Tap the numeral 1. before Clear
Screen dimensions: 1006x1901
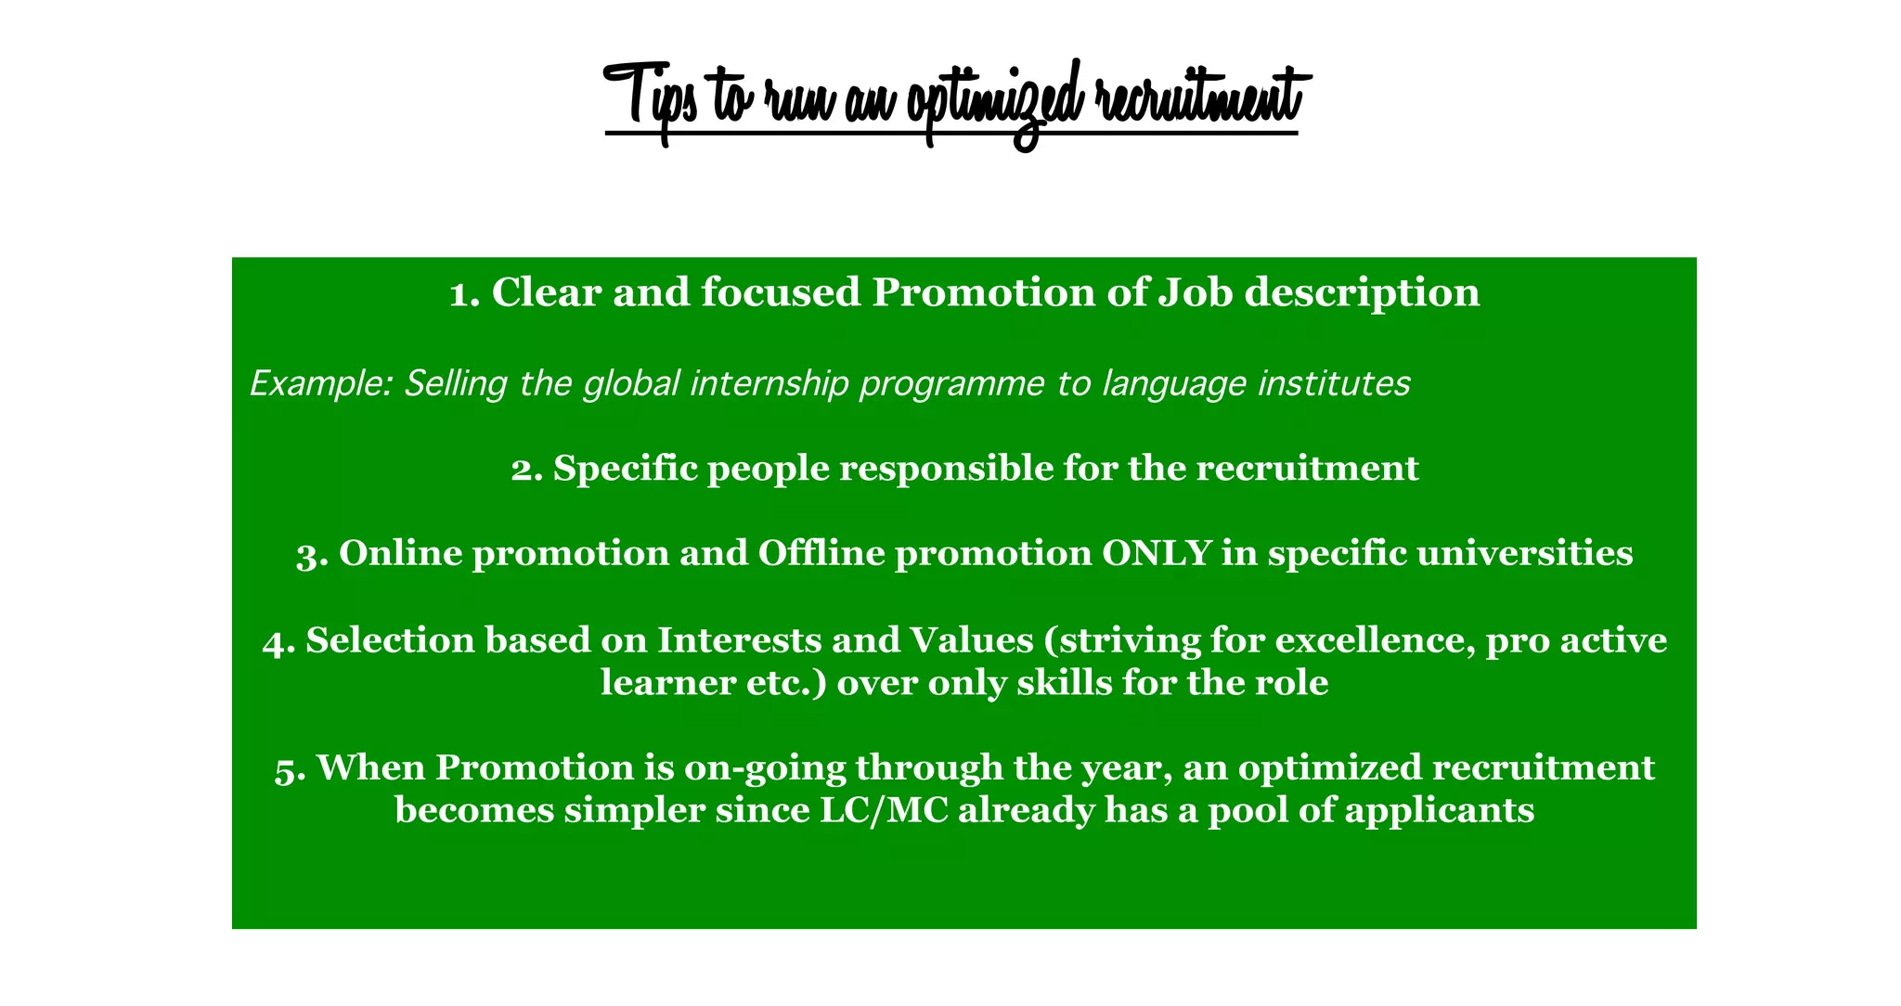click(464, 294)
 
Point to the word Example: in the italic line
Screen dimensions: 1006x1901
click(321, 383)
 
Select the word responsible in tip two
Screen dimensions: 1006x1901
click(946, 470)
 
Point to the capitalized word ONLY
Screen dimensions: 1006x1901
click(1156, 554)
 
